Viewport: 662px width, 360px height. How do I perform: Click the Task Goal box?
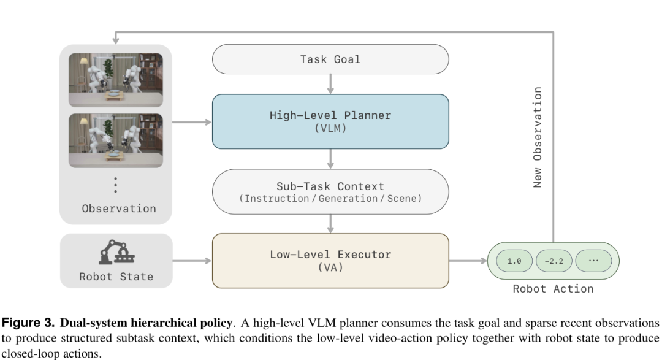[x=330, y=59]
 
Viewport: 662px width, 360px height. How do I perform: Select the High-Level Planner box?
[x=330, y=121]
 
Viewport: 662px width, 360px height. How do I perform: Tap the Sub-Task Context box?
[x=330, y=192]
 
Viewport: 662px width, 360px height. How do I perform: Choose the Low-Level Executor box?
[x=330, y=261]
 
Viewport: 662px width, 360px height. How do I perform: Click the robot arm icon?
[x=116, y=252]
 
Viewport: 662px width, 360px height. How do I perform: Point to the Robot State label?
[x=116, y=277]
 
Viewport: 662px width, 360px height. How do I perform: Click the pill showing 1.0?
[x=514, y=261]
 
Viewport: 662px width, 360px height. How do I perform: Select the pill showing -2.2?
[x=554, y=261]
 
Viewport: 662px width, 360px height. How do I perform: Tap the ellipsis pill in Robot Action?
[x=593, y=261]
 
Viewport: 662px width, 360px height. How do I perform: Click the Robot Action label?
[x=553, y=289]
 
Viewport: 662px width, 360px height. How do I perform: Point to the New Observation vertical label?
[x=537, y=137]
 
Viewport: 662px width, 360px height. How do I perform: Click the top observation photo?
[x=116, y=80]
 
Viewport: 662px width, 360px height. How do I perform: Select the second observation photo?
[x=116, y=140]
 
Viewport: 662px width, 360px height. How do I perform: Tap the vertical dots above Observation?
[x=116, y=185]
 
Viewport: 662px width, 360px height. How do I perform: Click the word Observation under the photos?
[x=119, y=209]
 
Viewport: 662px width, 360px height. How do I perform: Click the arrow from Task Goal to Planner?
[x=330, y=84]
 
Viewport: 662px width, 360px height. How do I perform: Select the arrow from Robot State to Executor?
[x=192, y=261]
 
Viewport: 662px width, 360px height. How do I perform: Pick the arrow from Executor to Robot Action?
[x=468, y=261]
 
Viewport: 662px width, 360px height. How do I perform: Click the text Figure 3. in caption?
[x=28, y=323]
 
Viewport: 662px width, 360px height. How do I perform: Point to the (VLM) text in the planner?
[x=330, y=128]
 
